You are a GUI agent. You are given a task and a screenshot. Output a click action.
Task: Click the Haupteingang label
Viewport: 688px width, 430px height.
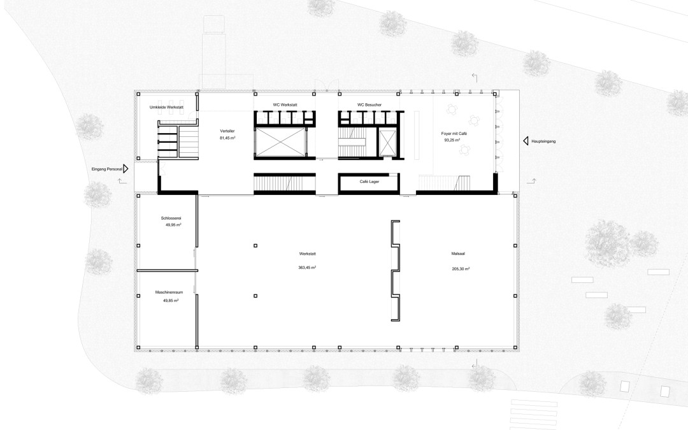543,141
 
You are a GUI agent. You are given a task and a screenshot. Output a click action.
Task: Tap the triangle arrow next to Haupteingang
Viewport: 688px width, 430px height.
525,141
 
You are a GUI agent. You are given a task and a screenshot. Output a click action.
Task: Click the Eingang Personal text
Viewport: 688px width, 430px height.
106,169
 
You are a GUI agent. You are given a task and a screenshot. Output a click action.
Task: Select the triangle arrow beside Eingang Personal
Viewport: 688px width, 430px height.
126,168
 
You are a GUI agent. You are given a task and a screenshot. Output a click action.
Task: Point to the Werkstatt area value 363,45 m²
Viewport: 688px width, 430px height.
307,267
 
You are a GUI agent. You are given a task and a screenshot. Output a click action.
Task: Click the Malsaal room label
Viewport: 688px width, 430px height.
458,254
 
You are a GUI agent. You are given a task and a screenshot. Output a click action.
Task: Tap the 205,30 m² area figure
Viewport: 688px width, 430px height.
461,269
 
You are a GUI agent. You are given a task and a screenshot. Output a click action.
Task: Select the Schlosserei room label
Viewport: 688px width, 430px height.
171,218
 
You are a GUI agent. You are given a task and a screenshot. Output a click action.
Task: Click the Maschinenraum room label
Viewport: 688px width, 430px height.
169,292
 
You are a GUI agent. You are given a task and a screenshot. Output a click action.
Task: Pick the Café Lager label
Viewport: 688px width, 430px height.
369,182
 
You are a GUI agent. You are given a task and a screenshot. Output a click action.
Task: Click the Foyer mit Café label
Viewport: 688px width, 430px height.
454,133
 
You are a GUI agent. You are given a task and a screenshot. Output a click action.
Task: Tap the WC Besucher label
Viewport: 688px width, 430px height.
369,105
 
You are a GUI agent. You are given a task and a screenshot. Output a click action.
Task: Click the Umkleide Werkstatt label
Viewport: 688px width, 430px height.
166,107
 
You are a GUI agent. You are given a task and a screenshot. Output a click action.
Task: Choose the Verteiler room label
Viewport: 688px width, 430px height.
227,131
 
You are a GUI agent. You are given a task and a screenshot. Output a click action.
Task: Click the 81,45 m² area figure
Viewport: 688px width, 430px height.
227,138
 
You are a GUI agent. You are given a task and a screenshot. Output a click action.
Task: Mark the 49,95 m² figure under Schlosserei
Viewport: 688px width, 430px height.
173,225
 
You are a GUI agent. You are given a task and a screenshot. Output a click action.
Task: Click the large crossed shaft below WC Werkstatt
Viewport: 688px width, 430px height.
280,141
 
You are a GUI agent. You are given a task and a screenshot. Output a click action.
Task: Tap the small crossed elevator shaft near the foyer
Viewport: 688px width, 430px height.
387,143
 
